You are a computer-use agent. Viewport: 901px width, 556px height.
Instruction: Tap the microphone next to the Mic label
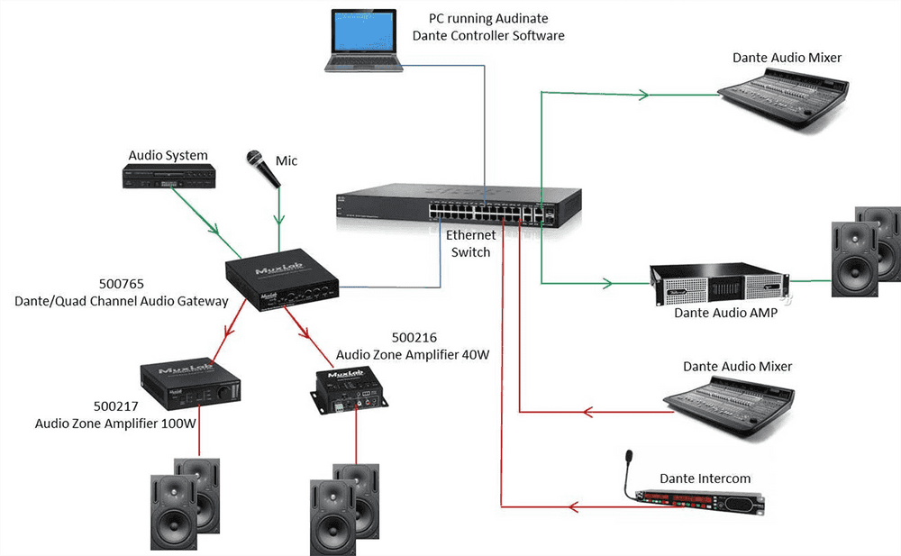click(263, 169)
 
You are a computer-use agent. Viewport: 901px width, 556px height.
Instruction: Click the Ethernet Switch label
click(470, 243)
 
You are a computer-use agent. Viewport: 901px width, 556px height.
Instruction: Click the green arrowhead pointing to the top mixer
click(642, 94)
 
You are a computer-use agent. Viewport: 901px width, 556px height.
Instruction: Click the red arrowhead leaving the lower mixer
click(590, 413)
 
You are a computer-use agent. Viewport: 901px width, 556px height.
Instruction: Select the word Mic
click(287, 160)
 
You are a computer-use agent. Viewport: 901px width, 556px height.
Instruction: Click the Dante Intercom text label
click(705, 478)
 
